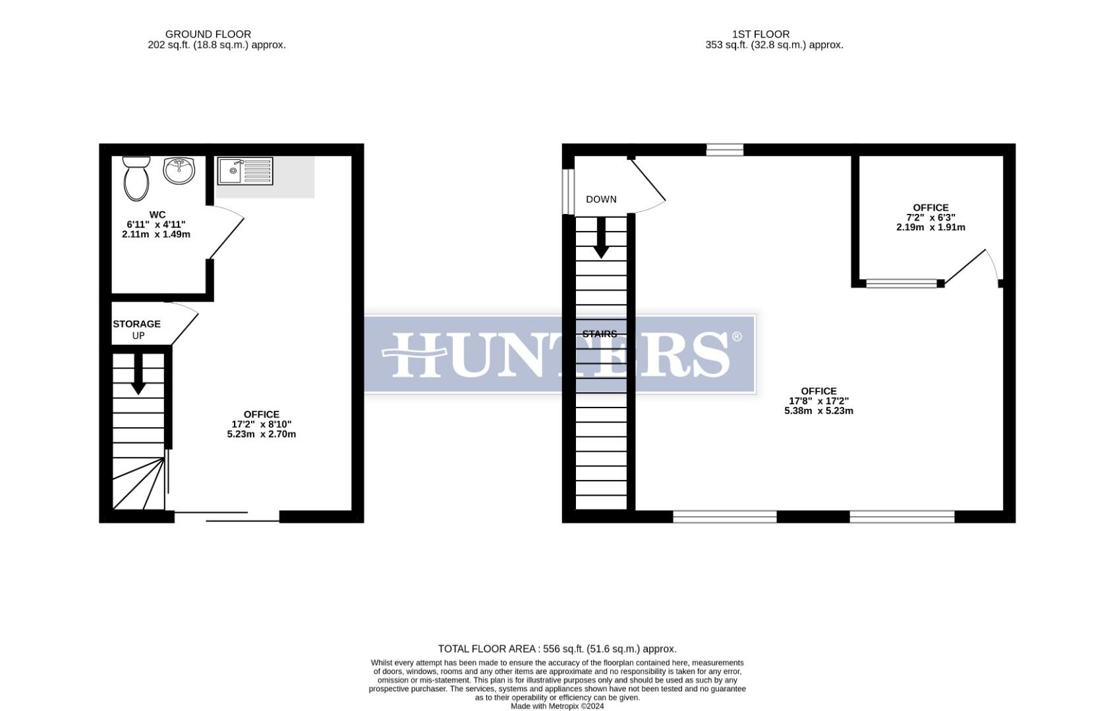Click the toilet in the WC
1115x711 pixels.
136,178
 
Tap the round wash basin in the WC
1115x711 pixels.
179,171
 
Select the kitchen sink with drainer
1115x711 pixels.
244,171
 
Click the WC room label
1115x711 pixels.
157,215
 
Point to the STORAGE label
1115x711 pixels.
136,324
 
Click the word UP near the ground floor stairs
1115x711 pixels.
138,336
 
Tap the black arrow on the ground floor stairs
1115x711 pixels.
138,375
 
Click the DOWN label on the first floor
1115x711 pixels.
601,199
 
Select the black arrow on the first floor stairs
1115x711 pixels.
601,238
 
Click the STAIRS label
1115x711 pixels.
600,334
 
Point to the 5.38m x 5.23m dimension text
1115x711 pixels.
818,411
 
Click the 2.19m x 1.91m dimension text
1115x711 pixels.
930,227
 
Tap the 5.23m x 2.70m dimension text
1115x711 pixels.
262,434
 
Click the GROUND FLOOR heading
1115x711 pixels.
208,34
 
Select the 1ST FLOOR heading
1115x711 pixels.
760,34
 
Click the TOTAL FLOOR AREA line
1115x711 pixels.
557,649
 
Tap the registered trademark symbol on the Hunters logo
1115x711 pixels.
737,337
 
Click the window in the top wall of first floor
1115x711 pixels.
725,150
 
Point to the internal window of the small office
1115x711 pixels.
901,284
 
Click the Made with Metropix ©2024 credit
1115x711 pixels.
557,706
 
